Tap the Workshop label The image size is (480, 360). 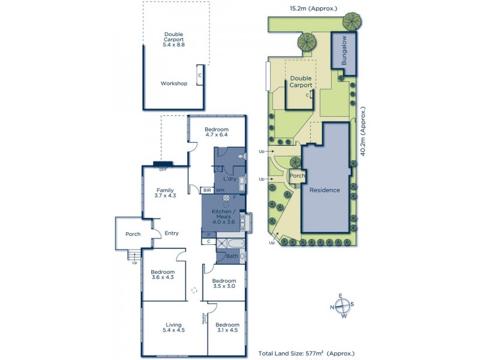pos(174,83)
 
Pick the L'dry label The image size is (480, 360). pos(229,179)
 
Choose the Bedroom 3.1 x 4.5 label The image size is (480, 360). pos(227,328)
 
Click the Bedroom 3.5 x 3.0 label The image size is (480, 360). pos(224,284)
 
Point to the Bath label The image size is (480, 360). pos(232,256)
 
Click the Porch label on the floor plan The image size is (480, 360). pos(133,234)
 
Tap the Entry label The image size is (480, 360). pos(172,234)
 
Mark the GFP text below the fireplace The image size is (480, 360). pos(162,169)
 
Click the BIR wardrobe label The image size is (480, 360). pos(207,190)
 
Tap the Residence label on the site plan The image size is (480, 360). pos(325,190)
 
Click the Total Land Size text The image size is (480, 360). pos(306,354)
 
